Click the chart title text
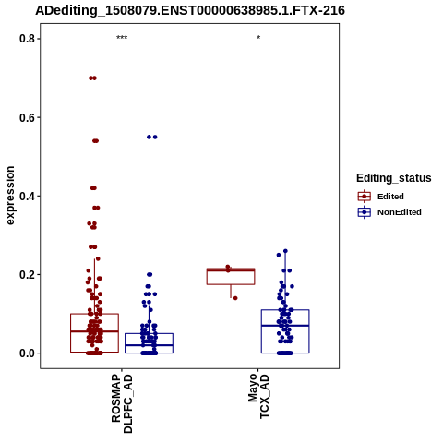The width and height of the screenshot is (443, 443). (190, 10)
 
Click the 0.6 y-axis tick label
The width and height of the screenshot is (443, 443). (26, 117)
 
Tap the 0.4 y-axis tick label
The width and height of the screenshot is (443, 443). (26, 196)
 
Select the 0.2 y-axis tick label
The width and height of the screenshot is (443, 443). (26, 274)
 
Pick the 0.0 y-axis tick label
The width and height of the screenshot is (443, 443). (26, 353)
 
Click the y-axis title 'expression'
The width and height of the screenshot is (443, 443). (10, 196)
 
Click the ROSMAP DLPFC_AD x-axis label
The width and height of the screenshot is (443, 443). (122, 403)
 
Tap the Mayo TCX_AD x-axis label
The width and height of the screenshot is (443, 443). (258, 396)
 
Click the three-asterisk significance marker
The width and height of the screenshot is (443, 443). (122, 38)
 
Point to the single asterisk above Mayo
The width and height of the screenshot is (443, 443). (258, 38)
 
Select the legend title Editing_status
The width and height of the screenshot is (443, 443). (394, 178)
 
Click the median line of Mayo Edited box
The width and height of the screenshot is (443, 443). (231, 270)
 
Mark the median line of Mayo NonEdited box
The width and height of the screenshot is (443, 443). (285, 325)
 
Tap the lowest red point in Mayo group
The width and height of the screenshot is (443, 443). (235, 298)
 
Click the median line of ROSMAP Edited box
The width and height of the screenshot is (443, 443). (94, 331)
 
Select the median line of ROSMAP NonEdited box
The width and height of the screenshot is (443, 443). (149, 345)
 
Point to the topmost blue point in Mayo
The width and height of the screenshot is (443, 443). (285, 251)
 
